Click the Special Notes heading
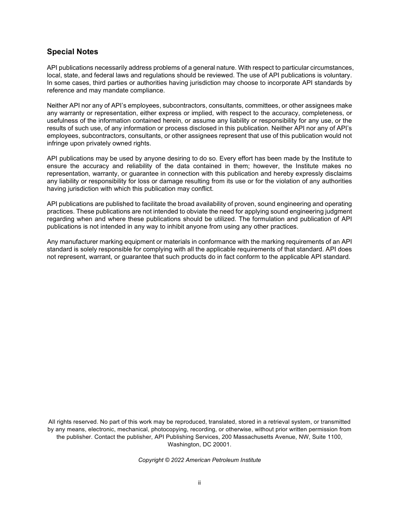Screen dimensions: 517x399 tap(72, 52)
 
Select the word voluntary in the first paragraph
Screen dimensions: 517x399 tap(337, 75)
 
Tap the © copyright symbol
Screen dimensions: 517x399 tap(167, 460)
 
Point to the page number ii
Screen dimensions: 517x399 tap(199, 483)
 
